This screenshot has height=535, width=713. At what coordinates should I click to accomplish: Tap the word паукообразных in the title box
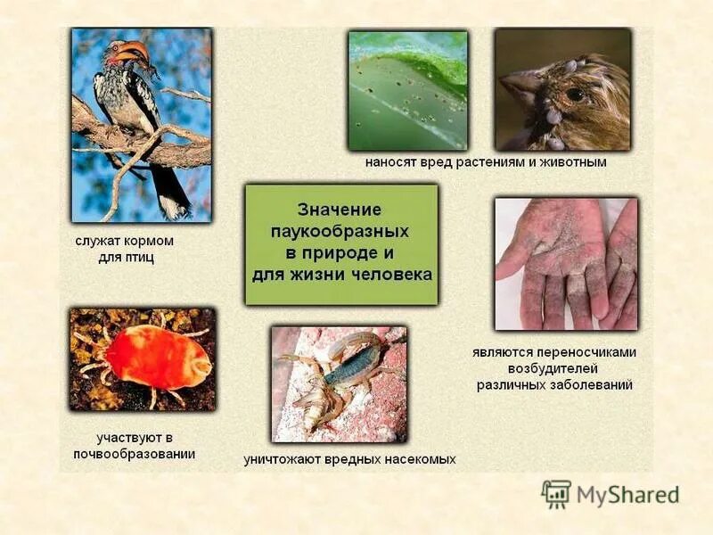[x=340, y=231]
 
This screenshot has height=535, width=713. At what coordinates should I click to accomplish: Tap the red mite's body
[x=155, y=357]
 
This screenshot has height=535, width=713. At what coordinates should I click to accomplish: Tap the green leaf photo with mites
[x=407, y=89]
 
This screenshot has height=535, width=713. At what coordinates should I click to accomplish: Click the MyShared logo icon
[x=556, y=494]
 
